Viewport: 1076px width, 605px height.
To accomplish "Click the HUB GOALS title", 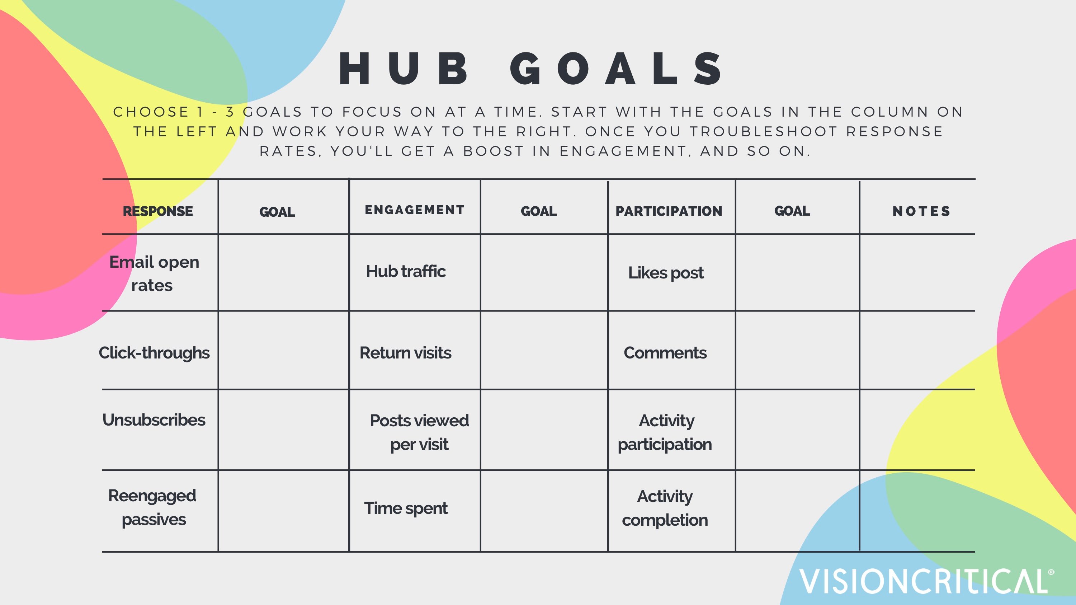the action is point(530,69).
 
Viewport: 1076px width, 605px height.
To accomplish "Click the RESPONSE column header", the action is point(158,211).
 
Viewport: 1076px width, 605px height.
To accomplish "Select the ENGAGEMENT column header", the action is point(414,210).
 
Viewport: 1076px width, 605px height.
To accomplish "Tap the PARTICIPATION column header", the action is point(669,211).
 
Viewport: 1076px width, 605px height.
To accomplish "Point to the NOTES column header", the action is point(921,211).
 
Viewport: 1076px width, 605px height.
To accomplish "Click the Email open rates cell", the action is point(154,274).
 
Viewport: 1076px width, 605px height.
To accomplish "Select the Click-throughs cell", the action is point(154,353).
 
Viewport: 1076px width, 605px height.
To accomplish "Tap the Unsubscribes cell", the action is point(154,420).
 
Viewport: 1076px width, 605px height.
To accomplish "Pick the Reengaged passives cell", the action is point(152,508).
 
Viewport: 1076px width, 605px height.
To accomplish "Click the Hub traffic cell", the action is point(406,271).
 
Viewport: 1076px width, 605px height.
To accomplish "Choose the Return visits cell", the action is point(405,353).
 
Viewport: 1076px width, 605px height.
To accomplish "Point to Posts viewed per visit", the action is point(419,432).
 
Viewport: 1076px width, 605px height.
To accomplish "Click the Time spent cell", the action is point(406,508).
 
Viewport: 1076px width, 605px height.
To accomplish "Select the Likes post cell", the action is point(666,273).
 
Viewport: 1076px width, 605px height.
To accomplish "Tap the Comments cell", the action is point(665,353).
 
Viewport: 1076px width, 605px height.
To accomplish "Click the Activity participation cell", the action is point(665,432).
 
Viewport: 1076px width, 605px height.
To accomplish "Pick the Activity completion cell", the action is point(665,508).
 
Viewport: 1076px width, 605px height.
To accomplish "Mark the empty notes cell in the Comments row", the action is point(917,350).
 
